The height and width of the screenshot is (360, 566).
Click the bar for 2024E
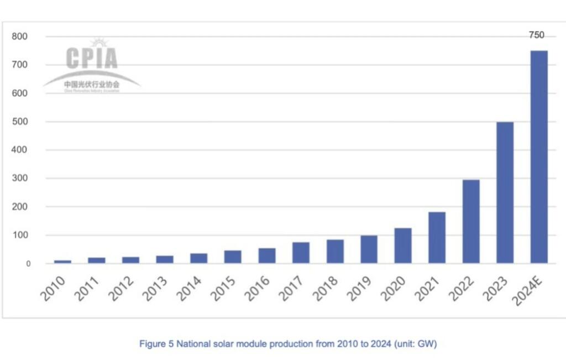[539, 157]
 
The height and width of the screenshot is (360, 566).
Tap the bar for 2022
[471, 221]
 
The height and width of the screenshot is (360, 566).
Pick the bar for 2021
[437, 237]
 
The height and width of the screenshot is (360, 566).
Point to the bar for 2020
[403, 246]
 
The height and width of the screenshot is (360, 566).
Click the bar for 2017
[301, 253]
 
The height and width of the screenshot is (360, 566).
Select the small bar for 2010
[62, 262]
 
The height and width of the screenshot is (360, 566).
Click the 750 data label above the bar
[536, 35]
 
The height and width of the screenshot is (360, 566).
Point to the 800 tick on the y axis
[20, 36]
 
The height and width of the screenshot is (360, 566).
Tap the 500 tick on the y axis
[20, 122]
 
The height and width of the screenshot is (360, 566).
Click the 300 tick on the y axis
[20, 179]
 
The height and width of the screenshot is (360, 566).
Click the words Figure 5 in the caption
[156, 344]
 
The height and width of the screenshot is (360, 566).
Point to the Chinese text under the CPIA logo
[92, 85]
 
